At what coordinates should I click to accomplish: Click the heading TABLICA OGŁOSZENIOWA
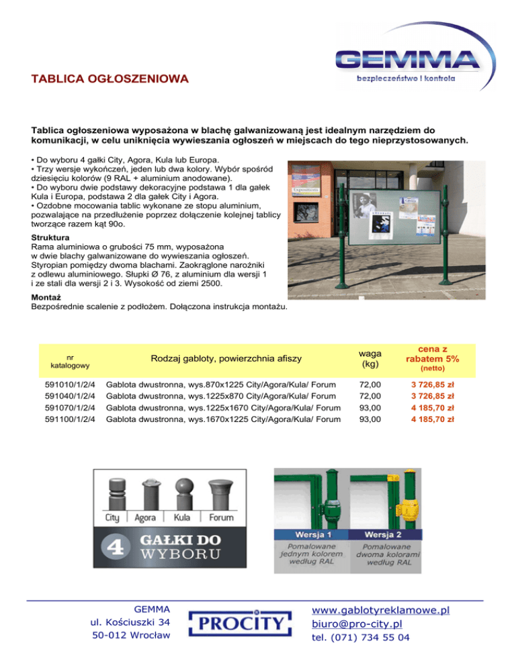(110, 80)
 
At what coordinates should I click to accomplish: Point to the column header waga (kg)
(370, 359)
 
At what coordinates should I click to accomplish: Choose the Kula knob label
(181, 518)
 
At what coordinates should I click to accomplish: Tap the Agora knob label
(146, 518)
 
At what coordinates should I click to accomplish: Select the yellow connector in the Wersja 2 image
(407, 505)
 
